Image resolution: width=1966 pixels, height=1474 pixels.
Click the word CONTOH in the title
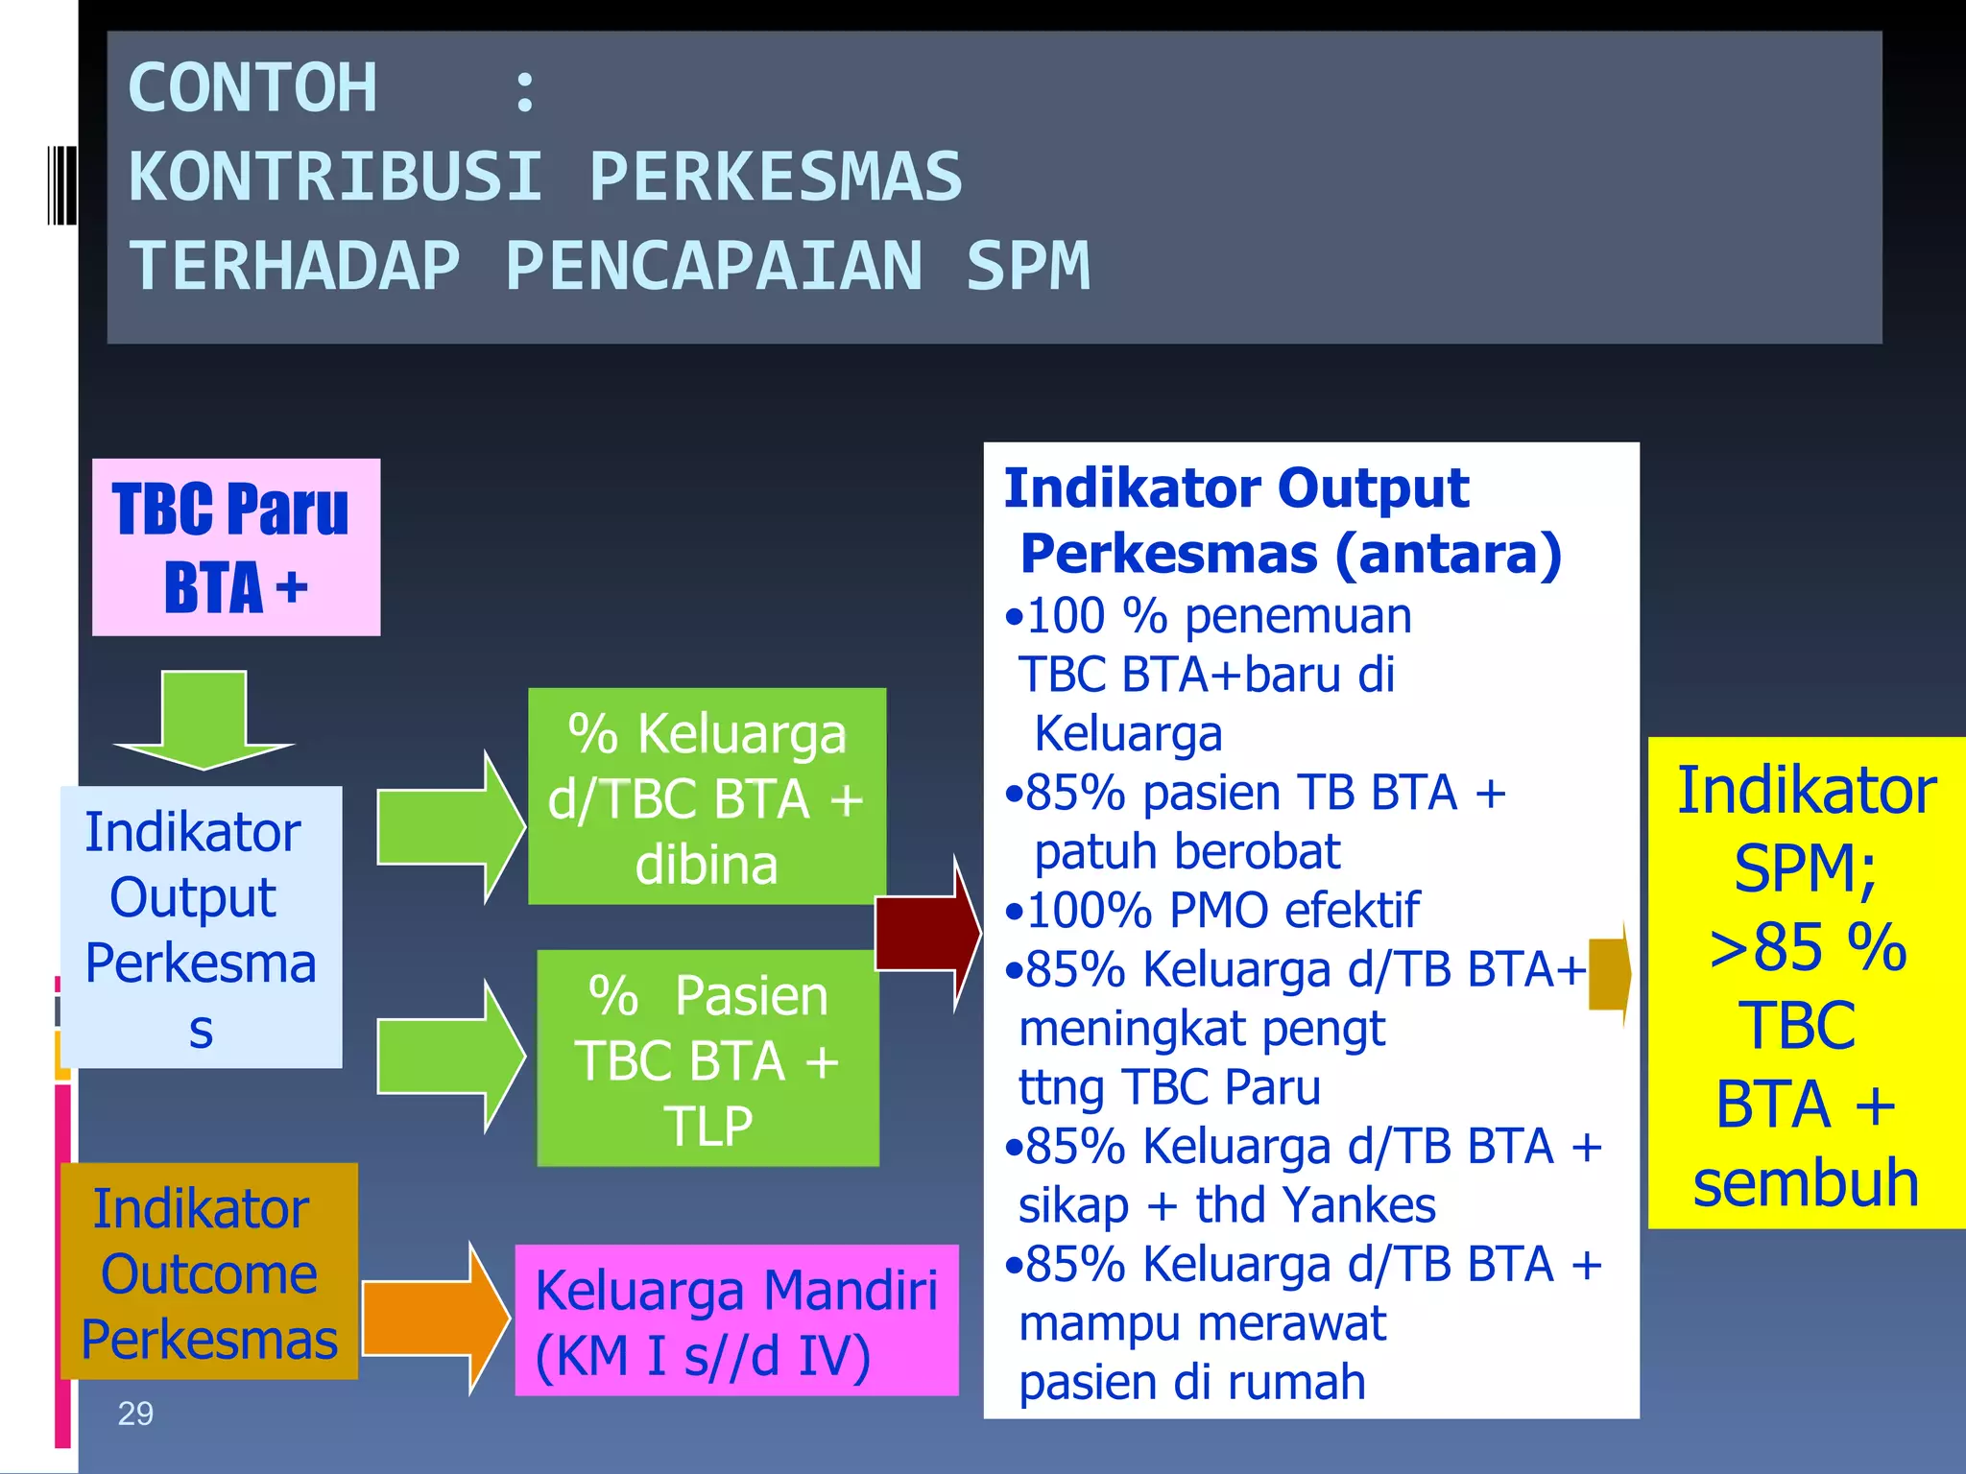[x=252, y=88]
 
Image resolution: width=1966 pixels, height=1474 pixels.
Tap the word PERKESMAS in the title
[x=775, y=178]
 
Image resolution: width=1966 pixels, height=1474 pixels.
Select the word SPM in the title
[x=1028, y=267]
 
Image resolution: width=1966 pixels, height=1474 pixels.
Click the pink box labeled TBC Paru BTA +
[x=236, y=547]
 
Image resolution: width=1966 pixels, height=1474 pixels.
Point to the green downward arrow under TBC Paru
[x=204, y=720]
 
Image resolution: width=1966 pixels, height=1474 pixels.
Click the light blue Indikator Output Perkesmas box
[x=201, y=927]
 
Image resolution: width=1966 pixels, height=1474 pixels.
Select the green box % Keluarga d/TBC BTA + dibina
[x=707, y=796]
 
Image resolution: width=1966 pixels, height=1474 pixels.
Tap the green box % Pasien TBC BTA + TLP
[x=707, y=1058]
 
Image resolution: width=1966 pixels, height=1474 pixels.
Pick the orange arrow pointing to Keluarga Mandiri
[x=434, y=1317]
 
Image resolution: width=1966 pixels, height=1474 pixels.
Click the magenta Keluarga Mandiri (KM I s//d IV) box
[x=736, y=1320]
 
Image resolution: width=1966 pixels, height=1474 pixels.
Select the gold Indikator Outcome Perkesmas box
[x=208, y=1272]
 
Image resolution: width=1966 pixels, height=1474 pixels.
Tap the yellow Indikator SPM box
[x=1806, y=984]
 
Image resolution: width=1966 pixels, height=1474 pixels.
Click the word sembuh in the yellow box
[x=1806, y=1182]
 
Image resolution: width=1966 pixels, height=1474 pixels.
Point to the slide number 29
[x=135, y=1414]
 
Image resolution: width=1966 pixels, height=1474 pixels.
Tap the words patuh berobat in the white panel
[x=1187, y=851]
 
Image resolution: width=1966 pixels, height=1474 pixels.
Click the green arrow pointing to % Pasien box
[x=448, y=1057]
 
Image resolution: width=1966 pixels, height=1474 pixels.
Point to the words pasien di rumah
[x=1191, y=1383]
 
